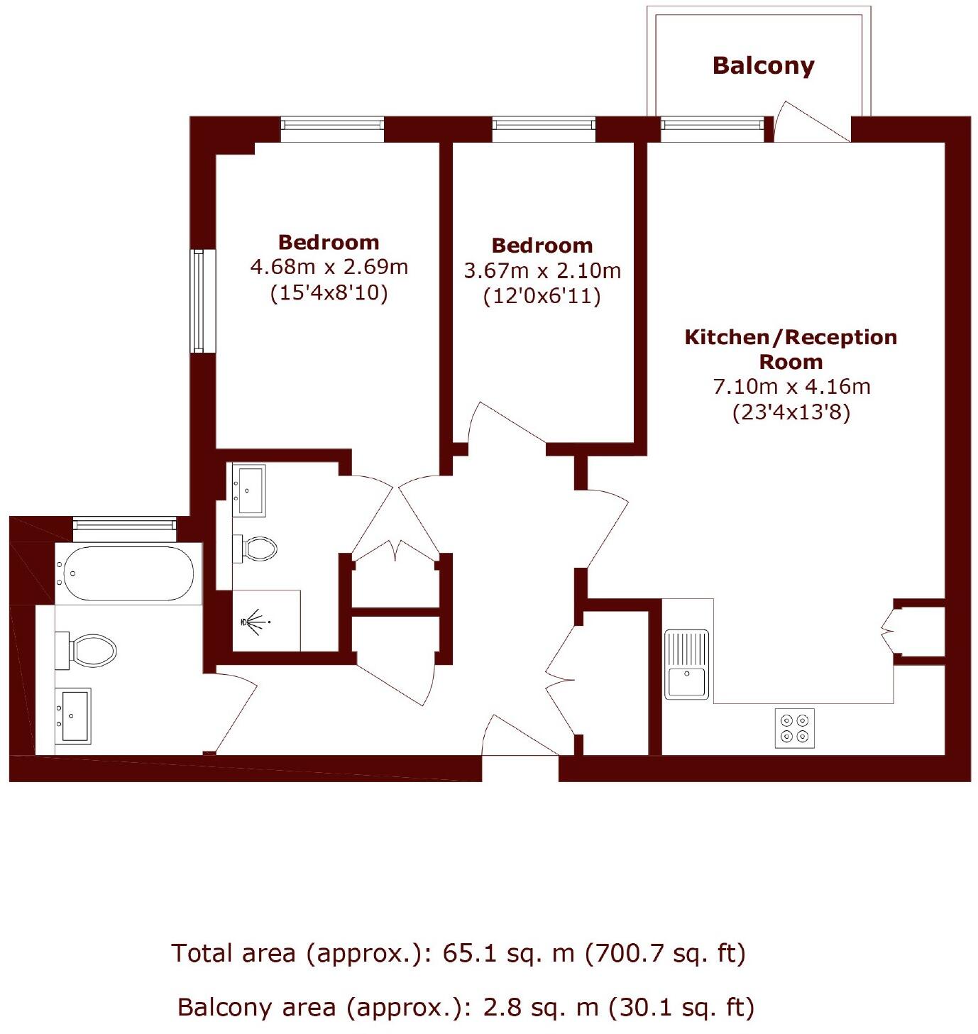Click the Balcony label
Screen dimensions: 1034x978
click(x=763, y=66)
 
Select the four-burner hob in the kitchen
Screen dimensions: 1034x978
click(x=794, y=728)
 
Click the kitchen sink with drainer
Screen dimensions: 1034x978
click(x=686, y=664)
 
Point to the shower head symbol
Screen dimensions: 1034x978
click(x=248, y=622)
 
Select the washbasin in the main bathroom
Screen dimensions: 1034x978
click(x=74, y=715)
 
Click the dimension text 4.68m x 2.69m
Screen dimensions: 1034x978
click(x=329, y=268)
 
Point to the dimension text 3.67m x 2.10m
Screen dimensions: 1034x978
click(x=542, y=270)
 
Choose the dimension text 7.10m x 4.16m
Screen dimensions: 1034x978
click(x=791, y=387)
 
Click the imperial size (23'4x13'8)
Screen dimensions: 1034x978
click(x=791, y=412)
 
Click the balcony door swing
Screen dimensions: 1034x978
click(x=809, y=122)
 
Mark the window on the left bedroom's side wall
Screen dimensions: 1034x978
click(x=198, y=300)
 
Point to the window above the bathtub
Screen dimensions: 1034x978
click(x=125, y=524)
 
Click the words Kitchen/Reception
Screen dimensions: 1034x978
click(x=791, y=337)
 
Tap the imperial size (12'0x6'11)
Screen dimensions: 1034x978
click(x=542, y=296)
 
